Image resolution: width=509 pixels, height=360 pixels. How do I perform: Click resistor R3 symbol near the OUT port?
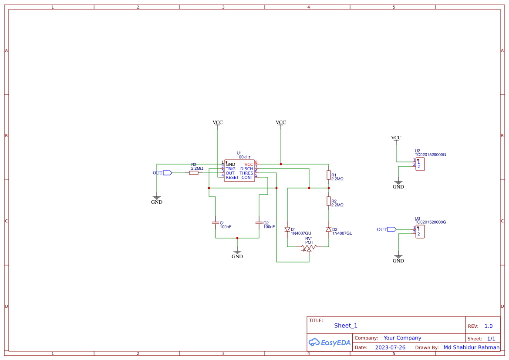[x=194, y=173]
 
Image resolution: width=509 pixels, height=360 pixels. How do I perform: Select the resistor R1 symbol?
[x=329, y=175]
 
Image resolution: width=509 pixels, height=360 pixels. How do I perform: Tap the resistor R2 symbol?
[x=329, y=201]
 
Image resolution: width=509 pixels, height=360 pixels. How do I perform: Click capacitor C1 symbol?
[x=215, y=223]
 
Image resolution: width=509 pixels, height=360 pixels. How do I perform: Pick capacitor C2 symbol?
[x=259, y=223]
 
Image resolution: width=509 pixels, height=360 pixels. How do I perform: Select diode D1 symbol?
[x=287, y=229]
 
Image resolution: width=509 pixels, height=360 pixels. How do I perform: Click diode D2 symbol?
[x=329, y=229]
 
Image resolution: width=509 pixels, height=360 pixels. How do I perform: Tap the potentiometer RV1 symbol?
[x=309, y=248]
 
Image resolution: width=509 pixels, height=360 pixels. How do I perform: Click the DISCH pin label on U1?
[x=246, y=169]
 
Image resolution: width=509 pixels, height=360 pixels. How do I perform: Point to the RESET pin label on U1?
[x=232, y=178]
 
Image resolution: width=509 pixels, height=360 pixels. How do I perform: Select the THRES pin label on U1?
[x=246, y=173]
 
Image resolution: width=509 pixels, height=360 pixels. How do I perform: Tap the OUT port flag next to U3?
[x=392, y=229]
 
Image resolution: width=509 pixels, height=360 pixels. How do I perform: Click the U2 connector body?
[x=420, y=165]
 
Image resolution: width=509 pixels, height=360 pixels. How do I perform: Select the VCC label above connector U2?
[x=396, y=138]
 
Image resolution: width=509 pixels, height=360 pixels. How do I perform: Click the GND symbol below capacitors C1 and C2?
[x=237, y=252]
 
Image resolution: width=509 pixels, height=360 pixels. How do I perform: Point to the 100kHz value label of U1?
[x=243, y=157]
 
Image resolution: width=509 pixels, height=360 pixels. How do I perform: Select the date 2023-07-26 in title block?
[x=390, y=347]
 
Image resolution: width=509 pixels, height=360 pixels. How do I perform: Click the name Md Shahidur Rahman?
[x=472, y=347]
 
